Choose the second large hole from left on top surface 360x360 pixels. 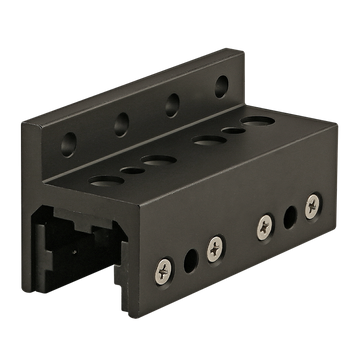point(157,159)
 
